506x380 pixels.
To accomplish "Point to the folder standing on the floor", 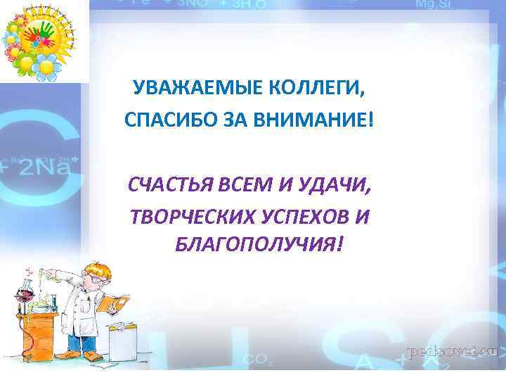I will click(121, 328).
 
